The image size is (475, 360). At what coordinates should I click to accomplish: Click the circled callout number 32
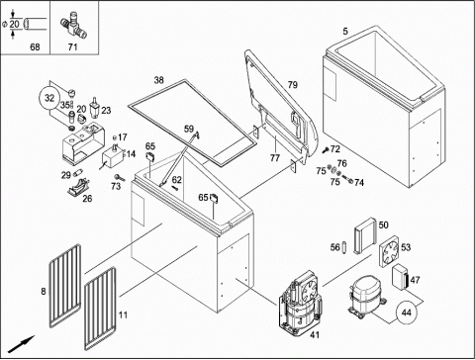49,98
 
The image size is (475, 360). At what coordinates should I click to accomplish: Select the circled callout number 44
407,312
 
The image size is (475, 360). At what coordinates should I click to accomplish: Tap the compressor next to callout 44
366,298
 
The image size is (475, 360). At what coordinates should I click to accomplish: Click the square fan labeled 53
389,251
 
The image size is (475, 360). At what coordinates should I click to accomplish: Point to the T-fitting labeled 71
73,25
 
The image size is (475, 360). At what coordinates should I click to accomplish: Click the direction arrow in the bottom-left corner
22,344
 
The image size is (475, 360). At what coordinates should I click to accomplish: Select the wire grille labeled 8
65,285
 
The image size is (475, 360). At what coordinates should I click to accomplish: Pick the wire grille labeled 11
100,309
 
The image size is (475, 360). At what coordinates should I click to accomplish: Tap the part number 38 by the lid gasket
159,80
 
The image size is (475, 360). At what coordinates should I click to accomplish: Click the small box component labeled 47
401,278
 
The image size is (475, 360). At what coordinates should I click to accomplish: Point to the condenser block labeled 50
365,235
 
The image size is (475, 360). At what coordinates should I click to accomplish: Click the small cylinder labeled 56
344,247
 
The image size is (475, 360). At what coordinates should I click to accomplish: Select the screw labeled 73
120,178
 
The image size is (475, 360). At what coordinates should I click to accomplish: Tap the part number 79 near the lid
292,85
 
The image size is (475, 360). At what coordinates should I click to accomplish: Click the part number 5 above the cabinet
345,32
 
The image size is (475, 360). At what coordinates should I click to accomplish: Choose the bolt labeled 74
347,179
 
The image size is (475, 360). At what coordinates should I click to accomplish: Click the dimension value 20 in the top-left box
14,24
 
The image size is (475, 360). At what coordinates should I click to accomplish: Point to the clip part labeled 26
79,187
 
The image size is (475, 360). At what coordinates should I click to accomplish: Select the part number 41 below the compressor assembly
315,334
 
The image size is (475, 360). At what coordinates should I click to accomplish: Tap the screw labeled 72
326,150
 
